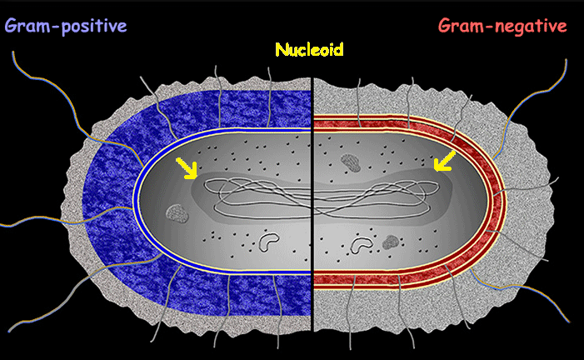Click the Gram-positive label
pyautogui.click(x=66, y=26)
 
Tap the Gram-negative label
pyautogui.click(x=502, y=26)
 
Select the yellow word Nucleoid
pyautogui.click(x=309, y=49)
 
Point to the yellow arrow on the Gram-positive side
pyautogui.click(x=189, y=169)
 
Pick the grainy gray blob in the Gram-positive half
pyautogui.click(x=175, y=214)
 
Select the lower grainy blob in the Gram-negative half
pyautogui.click(x=389, y=242)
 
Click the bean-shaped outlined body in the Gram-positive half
pyautogui.click(x=269, y=242)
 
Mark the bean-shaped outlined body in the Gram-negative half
pyautogui.click(x=362, y=245)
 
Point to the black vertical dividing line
pyautogui.click(x=312, y=250)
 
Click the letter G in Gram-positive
pyautogui.click(x=12, y=26)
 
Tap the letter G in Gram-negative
pyautogui.click(x=446, y=26)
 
